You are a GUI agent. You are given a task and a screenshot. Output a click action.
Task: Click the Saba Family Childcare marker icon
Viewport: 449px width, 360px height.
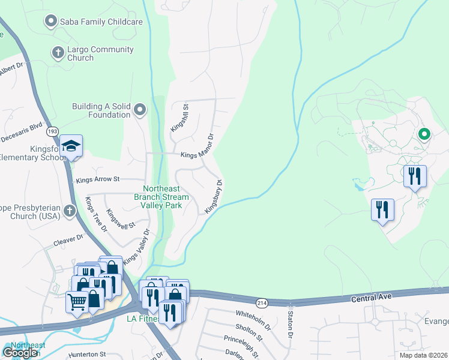pos(51,22)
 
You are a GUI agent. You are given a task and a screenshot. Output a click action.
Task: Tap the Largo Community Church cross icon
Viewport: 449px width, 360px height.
pos(58,53)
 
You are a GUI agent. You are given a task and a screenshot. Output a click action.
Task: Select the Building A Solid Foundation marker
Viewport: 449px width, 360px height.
pos(140,109)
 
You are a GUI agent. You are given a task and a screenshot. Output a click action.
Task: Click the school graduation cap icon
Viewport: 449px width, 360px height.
pos(71,146)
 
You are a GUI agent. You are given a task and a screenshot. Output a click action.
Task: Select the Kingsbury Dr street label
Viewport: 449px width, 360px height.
pos(214,197)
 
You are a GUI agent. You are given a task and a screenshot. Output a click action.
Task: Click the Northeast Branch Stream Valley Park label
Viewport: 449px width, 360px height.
pos(161,196)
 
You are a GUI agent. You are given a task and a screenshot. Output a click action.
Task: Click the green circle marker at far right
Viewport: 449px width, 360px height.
pos(424,134)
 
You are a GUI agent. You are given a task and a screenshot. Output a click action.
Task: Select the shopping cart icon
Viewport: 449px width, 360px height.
pos(76,301)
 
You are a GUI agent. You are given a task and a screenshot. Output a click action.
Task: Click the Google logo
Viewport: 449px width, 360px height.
pos(20,352)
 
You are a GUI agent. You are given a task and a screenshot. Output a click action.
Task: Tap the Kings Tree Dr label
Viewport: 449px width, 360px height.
pos(95,214)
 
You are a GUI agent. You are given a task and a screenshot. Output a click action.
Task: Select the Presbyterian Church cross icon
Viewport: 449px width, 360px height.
pos(70,211)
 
